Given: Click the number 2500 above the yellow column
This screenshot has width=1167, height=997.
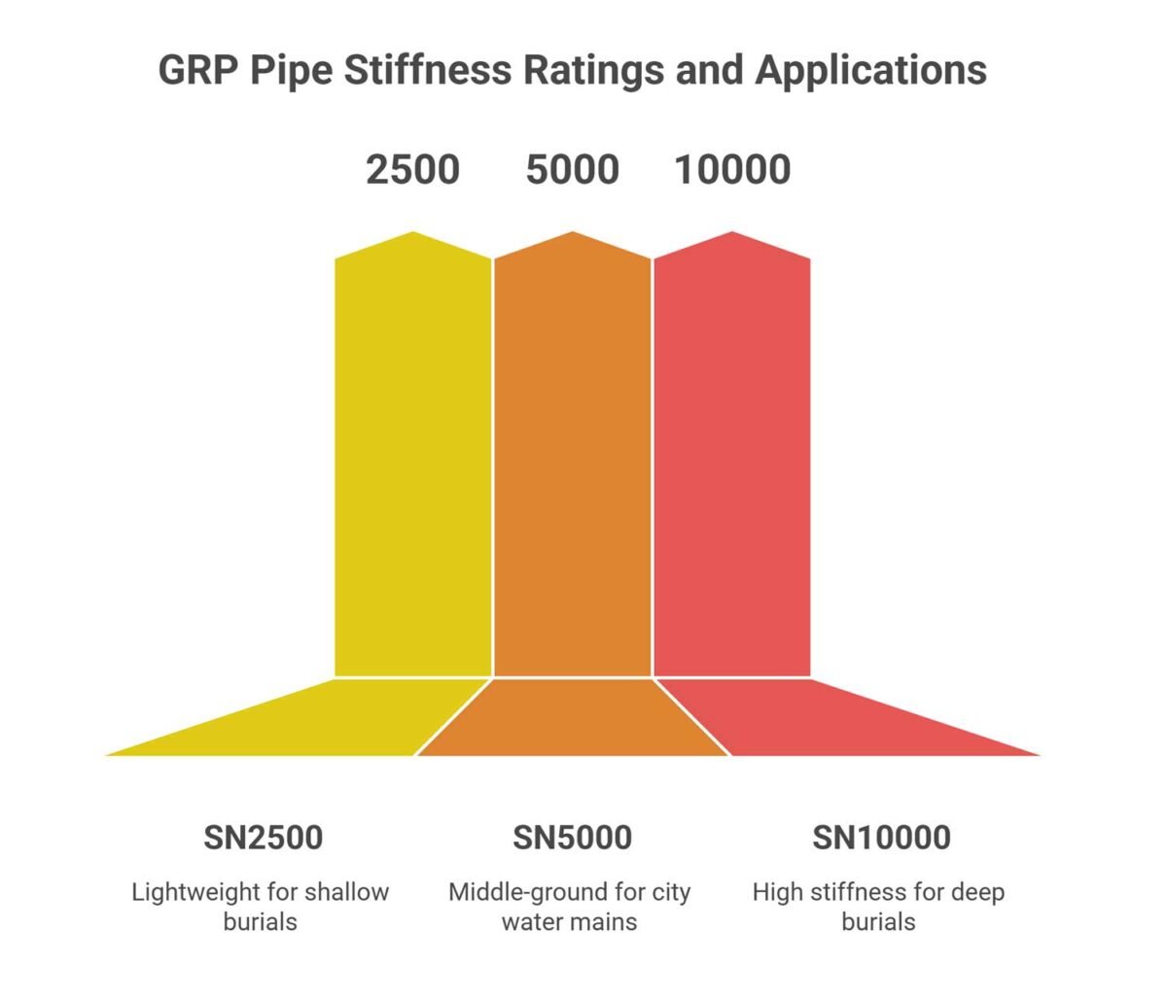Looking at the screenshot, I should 412,170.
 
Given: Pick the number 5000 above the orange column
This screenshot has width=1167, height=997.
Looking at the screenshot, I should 572,170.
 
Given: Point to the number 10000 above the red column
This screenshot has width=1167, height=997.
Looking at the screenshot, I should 732,170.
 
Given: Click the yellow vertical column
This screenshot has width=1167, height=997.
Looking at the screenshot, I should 413,466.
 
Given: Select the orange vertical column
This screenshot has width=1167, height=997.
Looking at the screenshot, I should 573,466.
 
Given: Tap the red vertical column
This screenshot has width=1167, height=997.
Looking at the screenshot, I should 732,466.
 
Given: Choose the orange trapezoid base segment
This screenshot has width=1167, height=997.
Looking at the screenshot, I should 573,719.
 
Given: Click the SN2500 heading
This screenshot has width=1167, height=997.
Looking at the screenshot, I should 263,837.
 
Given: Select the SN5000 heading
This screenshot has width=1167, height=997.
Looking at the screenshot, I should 572,837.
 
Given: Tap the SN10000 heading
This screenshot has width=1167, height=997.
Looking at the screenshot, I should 881,837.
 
